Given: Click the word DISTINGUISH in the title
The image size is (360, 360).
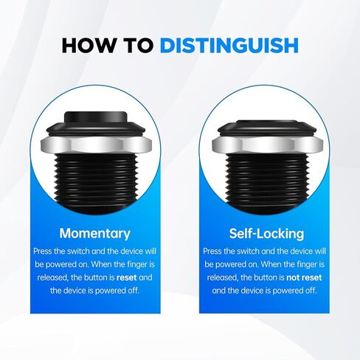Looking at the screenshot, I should pos(229,44).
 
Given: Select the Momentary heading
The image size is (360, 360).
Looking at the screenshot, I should pos(94,234).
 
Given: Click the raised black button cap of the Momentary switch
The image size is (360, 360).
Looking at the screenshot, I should pos(94,122).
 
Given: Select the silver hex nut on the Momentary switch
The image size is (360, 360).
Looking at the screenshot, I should pos(94,142).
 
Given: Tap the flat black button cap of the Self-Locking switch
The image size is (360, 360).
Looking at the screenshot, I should pos(263,129).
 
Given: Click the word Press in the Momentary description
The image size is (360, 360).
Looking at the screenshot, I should pos(44,252).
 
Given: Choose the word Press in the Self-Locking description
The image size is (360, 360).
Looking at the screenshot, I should pos(214,252).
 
